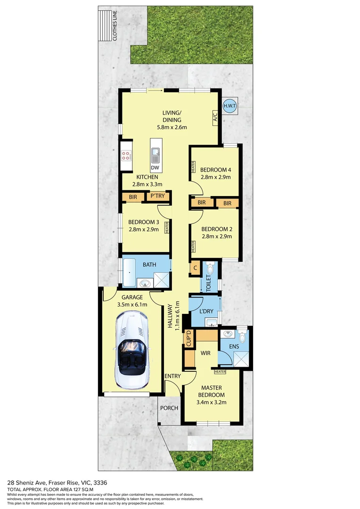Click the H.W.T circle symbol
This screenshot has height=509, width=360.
pos(229,106)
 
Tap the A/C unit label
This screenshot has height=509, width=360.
pos(214,116)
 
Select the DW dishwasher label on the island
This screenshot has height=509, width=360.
pos(155,168)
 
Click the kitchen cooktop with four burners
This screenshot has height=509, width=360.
pos(126,156)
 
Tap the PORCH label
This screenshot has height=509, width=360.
pos(168,408)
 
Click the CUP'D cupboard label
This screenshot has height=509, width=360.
pos(188,339)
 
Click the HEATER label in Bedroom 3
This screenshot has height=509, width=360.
pos(167,228)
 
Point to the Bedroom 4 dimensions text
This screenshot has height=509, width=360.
pos(215,177)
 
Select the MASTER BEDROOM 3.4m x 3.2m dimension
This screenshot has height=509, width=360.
pos(211,402)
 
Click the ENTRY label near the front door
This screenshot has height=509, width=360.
pos(172,376)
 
